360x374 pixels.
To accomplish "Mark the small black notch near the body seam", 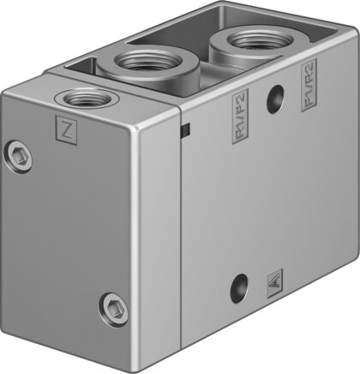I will coord(186,130).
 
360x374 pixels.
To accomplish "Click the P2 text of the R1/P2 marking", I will coord(241,109).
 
